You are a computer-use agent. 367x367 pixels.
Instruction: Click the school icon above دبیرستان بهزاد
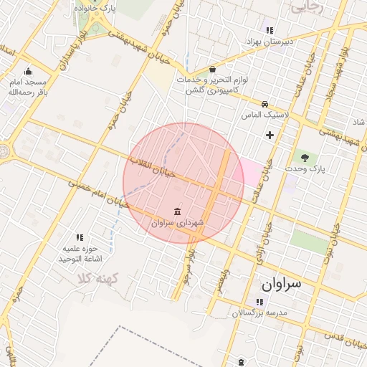(270, 30)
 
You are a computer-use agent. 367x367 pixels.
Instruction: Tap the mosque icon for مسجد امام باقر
(28, 71)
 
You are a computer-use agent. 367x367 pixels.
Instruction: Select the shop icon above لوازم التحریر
(212, 70)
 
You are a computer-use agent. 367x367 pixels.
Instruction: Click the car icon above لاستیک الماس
(265, 104)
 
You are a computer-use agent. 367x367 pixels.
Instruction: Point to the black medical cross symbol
(270, 135)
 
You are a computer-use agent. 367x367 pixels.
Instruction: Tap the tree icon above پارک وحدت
(306, 156)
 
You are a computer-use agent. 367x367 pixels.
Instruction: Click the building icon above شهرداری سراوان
(177, 211)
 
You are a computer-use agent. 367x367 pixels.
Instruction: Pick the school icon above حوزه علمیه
(80, 237)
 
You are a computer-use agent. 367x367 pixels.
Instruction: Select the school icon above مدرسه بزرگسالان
(259, 302)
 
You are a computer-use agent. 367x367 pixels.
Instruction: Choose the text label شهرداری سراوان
(178, 224)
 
